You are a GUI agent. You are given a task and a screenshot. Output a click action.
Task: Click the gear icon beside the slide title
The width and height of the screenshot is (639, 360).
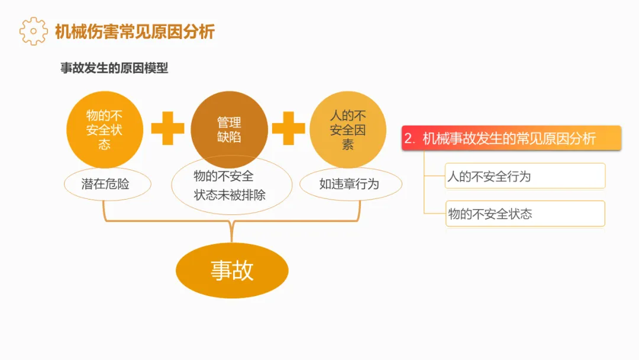click(x=33, y=31)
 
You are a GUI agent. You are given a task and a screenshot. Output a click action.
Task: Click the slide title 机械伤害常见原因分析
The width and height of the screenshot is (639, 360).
click(x=134, y=31)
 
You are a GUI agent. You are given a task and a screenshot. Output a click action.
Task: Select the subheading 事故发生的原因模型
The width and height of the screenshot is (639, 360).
click(x=114, y=68)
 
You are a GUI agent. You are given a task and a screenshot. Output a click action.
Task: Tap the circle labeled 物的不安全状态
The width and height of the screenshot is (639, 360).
click(x=104, y=130)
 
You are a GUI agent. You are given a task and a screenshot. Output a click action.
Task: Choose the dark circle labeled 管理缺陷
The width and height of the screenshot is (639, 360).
click(x=229, y=130)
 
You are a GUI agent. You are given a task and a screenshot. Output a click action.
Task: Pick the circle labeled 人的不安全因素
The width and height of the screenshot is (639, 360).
click(x=348, y=130)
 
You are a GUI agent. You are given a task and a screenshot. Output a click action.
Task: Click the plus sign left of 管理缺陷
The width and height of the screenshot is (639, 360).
click(x=167, y=128)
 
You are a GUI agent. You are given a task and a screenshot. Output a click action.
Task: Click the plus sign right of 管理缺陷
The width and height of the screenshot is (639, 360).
click(x=288, y=128)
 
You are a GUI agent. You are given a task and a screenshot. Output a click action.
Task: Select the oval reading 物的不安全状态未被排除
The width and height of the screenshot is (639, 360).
click(x=231, y=185)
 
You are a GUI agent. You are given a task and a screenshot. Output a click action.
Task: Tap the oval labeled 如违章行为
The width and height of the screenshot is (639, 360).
click(x=349, y=184)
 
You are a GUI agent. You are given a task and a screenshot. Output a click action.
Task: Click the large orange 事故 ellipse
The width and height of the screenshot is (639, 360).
click(x=232, y=270)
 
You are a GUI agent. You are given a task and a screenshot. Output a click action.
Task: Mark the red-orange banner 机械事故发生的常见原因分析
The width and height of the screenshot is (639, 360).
click(x=511, y=139)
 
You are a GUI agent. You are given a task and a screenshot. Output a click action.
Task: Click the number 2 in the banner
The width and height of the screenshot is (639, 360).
click(x=408, y=139)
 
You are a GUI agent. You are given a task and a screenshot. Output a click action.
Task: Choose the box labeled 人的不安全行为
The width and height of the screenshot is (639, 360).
click(x=525, y=176)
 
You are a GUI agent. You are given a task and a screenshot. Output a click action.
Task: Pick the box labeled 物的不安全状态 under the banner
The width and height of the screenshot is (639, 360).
click(x=525, y=214)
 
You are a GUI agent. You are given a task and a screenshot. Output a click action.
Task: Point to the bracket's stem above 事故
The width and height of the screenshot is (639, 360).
click(x=232, y=232)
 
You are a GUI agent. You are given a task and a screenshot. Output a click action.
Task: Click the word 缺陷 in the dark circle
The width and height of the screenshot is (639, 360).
click(x=229, y=137)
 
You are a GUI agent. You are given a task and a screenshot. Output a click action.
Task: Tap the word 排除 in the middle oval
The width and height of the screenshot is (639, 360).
click(x=254, y=194)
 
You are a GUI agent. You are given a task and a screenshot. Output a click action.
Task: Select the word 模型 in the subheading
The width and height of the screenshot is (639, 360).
click(x=156, y=68)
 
